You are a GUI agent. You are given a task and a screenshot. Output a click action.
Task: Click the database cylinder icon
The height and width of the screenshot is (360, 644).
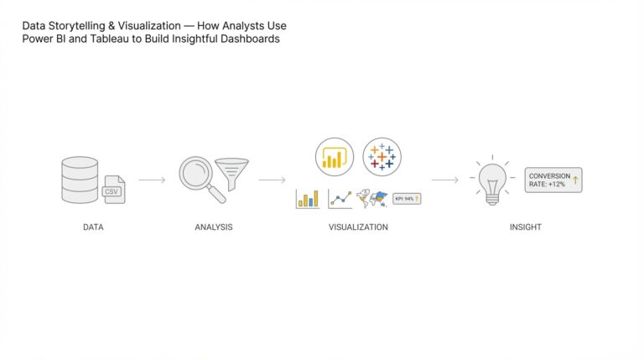[x=80, y=180]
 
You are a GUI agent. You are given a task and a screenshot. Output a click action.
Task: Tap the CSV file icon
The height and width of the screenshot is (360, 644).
[x=113, y=190]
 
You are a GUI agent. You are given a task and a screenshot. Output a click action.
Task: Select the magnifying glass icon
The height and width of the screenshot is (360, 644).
[x=200, y=178]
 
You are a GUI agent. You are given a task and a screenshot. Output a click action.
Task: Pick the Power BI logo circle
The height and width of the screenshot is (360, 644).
[x=334, y=157]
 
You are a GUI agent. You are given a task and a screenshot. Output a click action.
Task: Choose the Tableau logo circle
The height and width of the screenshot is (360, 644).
[x=382, y=157]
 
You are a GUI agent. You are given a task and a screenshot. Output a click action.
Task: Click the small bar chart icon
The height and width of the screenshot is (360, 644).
[x=308, y=199]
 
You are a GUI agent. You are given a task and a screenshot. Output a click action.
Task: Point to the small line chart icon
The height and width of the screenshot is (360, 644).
[x=340, y=199]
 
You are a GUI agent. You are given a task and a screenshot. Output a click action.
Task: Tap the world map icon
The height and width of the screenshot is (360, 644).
[x=371, y=199]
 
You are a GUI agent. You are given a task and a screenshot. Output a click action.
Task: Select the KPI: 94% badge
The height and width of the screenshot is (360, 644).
[x=407, y=199]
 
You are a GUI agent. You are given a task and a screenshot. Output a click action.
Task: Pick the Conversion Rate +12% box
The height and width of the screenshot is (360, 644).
[x=553, y=180]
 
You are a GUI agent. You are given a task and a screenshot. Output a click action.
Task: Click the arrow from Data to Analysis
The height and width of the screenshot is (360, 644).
[x=152, y=180]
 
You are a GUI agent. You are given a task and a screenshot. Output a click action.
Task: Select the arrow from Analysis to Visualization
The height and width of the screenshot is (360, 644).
[x=272, y=180]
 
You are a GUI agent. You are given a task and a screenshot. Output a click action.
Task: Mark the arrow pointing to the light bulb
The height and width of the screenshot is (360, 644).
[x=444, y=180]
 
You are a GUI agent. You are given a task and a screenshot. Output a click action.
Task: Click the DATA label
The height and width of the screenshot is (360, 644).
[x=93, y=227]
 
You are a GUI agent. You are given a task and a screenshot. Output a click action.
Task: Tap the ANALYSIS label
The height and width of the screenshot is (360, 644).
[x=214, y=227]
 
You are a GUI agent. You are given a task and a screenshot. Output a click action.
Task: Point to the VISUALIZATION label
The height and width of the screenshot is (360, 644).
[x=358, y=227]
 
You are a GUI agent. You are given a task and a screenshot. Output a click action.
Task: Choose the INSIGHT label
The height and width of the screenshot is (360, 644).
[x=526, y=227]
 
